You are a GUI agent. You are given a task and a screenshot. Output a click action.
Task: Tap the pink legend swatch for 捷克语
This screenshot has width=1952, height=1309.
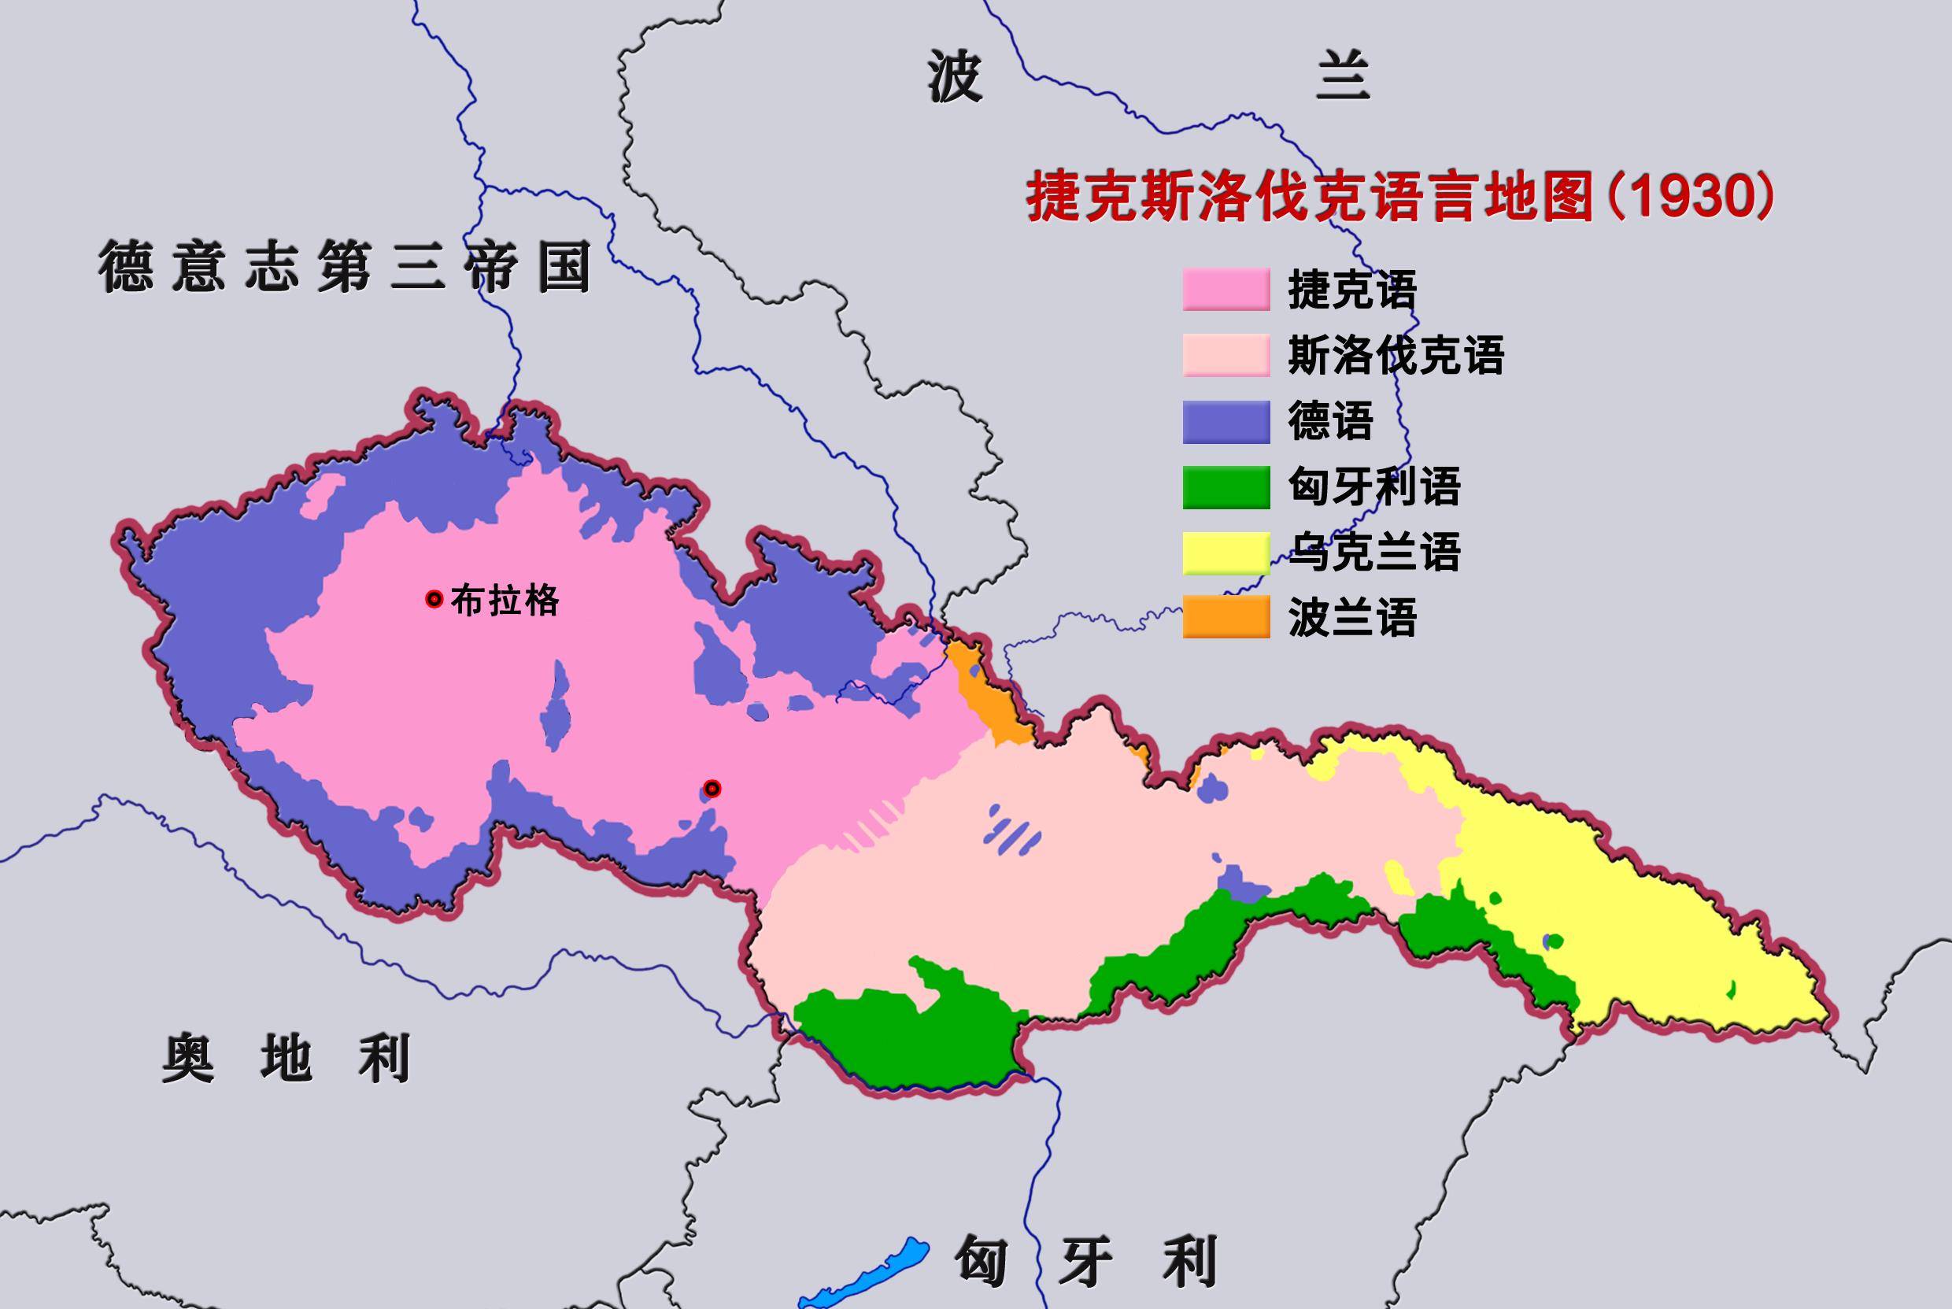(1225, 290)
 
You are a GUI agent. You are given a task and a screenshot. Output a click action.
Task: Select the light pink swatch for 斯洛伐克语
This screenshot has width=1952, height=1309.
(1225, 356)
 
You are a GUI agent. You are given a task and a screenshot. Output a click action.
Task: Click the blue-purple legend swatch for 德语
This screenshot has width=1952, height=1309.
(1225, 422)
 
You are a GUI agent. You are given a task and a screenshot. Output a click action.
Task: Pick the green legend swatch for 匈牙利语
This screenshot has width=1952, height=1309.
(1225, 486)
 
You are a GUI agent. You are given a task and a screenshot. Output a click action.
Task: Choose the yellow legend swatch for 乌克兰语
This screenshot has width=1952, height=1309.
(1225, 553)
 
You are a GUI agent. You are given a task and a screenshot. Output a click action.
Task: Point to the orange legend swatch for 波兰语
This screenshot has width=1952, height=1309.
(1225, 617)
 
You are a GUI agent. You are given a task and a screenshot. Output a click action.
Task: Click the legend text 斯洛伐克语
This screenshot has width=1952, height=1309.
(1396, 356)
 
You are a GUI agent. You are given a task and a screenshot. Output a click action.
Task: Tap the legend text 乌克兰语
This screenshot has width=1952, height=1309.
(1373, 553)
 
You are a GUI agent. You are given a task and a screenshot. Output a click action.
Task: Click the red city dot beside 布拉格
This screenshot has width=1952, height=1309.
(434, 600)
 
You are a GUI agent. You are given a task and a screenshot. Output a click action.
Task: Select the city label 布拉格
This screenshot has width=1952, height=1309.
(505, 601)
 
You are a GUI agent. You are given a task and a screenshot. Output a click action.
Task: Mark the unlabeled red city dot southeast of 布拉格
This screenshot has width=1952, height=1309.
(712, 789)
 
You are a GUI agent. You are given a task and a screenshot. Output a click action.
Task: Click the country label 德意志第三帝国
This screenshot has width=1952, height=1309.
(345, 266)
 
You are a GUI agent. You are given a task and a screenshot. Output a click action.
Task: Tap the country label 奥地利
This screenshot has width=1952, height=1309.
(286, 1059)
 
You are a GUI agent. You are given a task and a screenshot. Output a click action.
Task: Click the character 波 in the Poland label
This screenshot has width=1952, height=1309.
(954, 77)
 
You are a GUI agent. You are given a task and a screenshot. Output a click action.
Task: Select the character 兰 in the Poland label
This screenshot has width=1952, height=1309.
(1343, 77)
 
